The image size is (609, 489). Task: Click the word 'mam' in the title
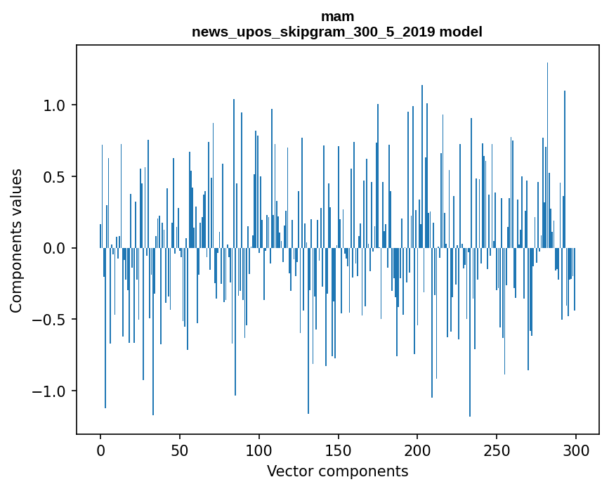(337, 16)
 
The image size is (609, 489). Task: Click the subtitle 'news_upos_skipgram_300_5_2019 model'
(337, 32)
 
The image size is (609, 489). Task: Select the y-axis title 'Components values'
(16, 241)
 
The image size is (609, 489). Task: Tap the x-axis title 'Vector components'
(337, 471)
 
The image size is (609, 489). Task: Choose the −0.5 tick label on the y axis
(51, 320)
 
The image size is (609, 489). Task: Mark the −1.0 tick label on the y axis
(51, 391)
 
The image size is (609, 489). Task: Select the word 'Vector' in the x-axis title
(288, 471)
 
